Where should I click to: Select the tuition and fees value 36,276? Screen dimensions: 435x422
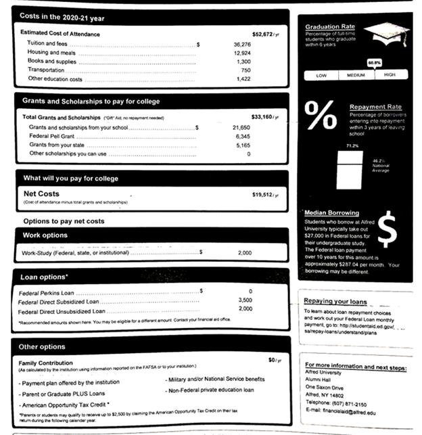tap(242, 43)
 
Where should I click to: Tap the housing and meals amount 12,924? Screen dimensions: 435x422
tap(242, 52)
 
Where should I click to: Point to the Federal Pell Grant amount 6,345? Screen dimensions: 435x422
tap(243, 136)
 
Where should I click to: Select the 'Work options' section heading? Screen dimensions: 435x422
tap(45, 235)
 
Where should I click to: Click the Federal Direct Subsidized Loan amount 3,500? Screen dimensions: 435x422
tap(245, 300)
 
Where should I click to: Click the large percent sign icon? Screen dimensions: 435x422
tap(321, 117)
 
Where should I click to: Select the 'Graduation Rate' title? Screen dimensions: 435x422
tap(329, 26)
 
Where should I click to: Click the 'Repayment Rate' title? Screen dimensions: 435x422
tap(375, 107)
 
